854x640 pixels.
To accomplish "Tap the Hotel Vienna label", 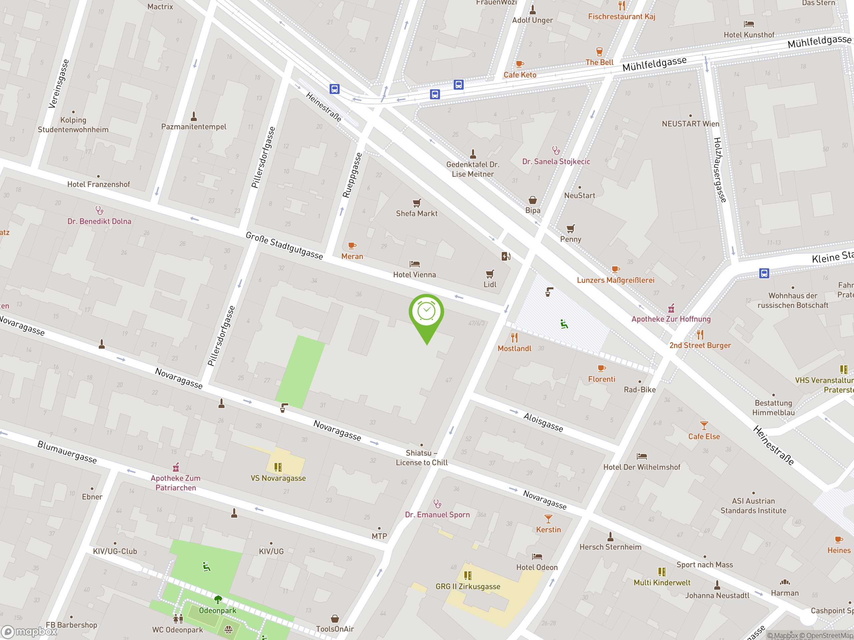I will coord(414,275).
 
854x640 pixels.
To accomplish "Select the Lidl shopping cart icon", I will coord(489,274).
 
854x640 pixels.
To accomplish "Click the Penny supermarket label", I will coord(570,239).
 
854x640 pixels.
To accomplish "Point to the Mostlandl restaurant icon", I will coord(514,338).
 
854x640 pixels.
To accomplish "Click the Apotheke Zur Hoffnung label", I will coord(671,319).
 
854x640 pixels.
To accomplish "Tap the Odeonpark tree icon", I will coord(218,599).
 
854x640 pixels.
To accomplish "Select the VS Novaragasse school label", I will coord(278,478).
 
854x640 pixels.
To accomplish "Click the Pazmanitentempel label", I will coord(193,127).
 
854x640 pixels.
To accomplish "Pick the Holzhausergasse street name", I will coord(720,170).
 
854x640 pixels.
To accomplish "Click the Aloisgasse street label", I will coord(543,422).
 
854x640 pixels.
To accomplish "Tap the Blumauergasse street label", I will coord(67,452).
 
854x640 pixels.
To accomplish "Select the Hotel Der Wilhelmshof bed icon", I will coord(642,456).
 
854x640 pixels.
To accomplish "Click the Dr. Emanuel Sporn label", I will coord(437,515).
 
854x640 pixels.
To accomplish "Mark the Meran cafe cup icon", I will coord(352,245).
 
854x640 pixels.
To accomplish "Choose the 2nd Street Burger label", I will coord(700,345).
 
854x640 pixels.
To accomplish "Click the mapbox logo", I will coord(29,632).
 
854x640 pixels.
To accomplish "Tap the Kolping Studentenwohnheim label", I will coord(73,125).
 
